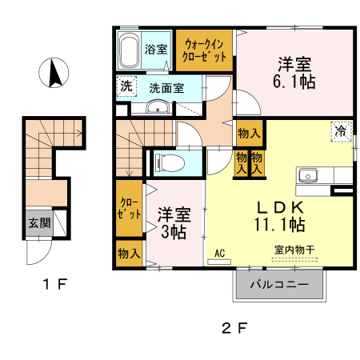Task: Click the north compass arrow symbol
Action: pyautogui.click(x=53, y=74)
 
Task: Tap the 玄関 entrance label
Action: pyautogui.click(x=37, y=223)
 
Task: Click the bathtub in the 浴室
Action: pyautogui.click(x=129, y=52)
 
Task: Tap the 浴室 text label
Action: pyautogui.click(x=156, y=49)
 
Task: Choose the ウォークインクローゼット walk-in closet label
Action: pyautogui.click(x=204, y=50)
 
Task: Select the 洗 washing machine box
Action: pyautogui.click(x=126, y=86)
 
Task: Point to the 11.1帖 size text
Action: pyautogui.click(x=279, y=223)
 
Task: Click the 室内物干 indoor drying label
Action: pyautogui.click(x=294, y=250)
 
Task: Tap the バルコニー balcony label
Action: pyautogui.click(x=280, y=285)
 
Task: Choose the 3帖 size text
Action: pyautogui.click(x=173, y=233)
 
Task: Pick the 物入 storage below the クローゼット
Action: pyautogui.click(x=128, y=254)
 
